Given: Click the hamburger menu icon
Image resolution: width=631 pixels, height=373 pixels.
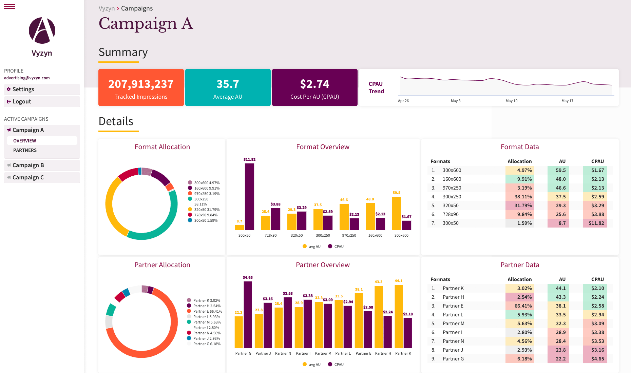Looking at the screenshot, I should (x=9, y=6).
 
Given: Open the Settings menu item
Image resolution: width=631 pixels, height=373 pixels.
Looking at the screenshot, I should (x=23, y=89).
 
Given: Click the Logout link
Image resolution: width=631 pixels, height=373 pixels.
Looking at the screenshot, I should (x=22, y=101).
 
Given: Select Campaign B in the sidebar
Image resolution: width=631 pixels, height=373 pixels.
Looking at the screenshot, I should (x=28, y=165).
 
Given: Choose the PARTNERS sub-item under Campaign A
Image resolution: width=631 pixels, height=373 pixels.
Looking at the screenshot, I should (x=25, y=150).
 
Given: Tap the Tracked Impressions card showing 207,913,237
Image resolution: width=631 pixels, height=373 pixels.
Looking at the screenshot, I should (x=141, y=87).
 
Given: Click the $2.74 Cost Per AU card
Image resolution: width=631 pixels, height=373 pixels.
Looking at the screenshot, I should (x=315, y=87).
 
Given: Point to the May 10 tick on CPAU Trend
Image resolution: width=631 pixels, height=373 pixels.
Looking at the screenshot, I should (x=511, y=101).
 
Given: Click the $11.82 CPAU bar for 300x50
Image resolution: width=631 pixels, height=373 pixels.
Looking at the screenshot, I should (x=249, y=197).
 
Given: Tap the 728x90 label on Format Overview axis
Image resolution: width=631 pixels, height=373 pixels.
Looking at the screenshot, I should (x=270, y=235).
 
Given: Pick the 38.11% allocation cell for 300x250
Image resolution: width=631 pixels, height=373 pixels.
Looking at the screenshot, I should (x=519, y=197).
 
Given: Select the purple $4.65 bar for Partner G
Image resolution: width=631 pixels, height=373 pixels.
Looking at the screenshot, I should (x=248, y=315).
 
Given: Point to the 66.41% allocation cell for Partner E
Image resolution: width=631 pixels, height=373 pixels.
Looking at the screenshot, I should (x=519, y=306).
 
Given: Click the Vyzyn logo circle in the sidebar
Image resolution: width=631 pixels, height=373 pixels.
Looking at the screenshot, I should (x=42, y=31).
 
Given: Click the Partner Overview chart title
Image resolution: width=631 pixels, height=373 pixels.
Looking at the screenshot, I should (x=323, y=265).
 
